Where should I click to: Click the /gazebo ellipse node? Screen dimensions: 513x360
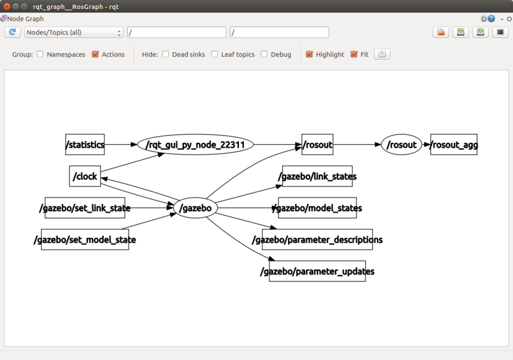coord(196,208)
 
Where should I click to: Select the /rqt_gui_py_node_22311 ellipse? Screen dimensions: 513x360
coord(196,145)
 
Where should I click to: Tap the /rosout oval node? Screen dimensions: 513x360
coord(401,145)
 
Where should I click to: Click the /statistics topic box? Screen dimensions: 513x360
coord(85,145)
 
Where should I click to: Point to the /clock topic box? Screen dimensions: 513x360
coord(85,176)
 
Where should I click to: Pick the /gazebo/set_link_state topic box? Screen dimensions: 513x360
coord(85,208)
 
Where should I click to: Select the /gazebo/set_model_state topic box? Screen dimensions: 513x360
coord(85,240)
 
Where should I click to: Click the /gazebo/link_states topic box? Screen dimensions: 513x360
coord(317,176)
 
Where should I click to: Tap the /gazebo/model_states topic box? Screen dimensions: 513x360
coord(317,208)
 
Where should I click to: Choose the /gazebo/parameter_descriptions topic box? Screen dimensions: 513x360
coord(317,240)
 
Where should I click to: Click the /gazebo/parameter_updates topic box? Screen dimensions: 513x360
coord(317,271)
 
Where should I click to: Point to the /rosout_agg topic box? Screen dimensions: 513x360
coord(454,145)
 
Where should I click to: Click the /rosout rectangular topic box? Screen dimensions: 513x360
coord(317,145)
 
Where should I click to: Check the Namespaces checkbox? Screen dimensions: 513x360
coord(40,54)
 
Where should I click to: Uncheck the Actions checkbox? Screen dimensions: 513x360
coord(95,54)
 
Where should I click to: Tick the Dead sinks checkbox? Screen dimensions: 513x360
coord(165,54)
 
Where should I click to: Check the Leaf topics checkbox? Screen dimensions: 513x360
coord(215,54)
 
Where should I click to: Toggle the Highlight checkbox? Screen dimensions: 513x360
coord(309,54)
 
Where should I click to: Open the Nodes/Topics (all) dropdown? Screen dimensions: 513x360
coord(74,32)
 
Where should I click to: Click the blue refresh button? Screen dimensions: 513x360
coord(13,32)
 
